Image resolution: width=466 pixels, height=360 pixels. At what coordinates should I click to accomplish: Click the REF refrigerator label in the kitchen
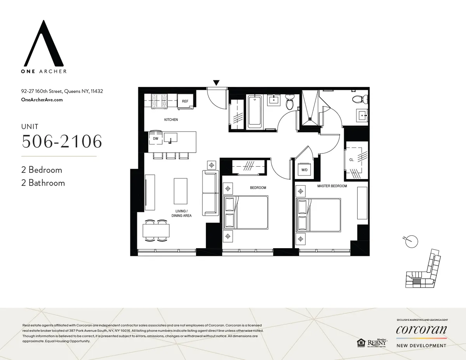tap(185, 101)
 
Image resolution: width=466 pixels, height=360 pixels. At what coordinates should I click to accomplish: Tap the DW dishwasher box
tap(155, 138)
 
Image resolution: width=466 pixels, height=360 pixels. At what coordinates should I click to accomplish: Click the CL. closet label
tap(351, 159)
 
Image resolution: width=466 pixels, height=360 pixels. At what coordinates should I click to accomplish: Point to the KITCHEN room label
tap(171, 120)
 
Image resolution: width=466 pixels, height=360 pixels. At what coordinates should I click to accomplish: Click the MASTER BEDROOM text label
tap(332, 186)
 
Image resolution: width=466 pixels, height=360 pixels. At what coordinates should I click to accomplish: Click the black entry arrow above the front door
tap(216, 82)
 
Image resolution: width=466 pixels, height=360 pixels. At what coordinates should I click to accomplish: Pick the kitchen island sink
tap(170, 137)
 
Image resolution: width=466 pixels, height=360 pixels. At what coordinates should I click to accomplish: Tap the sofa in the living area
tap(210, 193)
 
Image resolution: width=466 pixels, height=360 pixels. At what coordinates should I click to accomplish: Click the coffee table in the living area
tap(180, 191)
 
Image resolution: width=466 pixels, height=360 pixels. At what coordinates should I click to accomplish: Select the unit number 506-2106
tap(62, 141)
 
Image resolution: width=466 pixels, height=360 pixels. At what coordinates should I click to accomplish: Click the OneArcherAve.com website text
tap(42, 100)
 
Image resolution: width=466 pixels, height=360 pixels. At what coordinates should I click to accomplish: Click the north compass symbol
tap(411, 241)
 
